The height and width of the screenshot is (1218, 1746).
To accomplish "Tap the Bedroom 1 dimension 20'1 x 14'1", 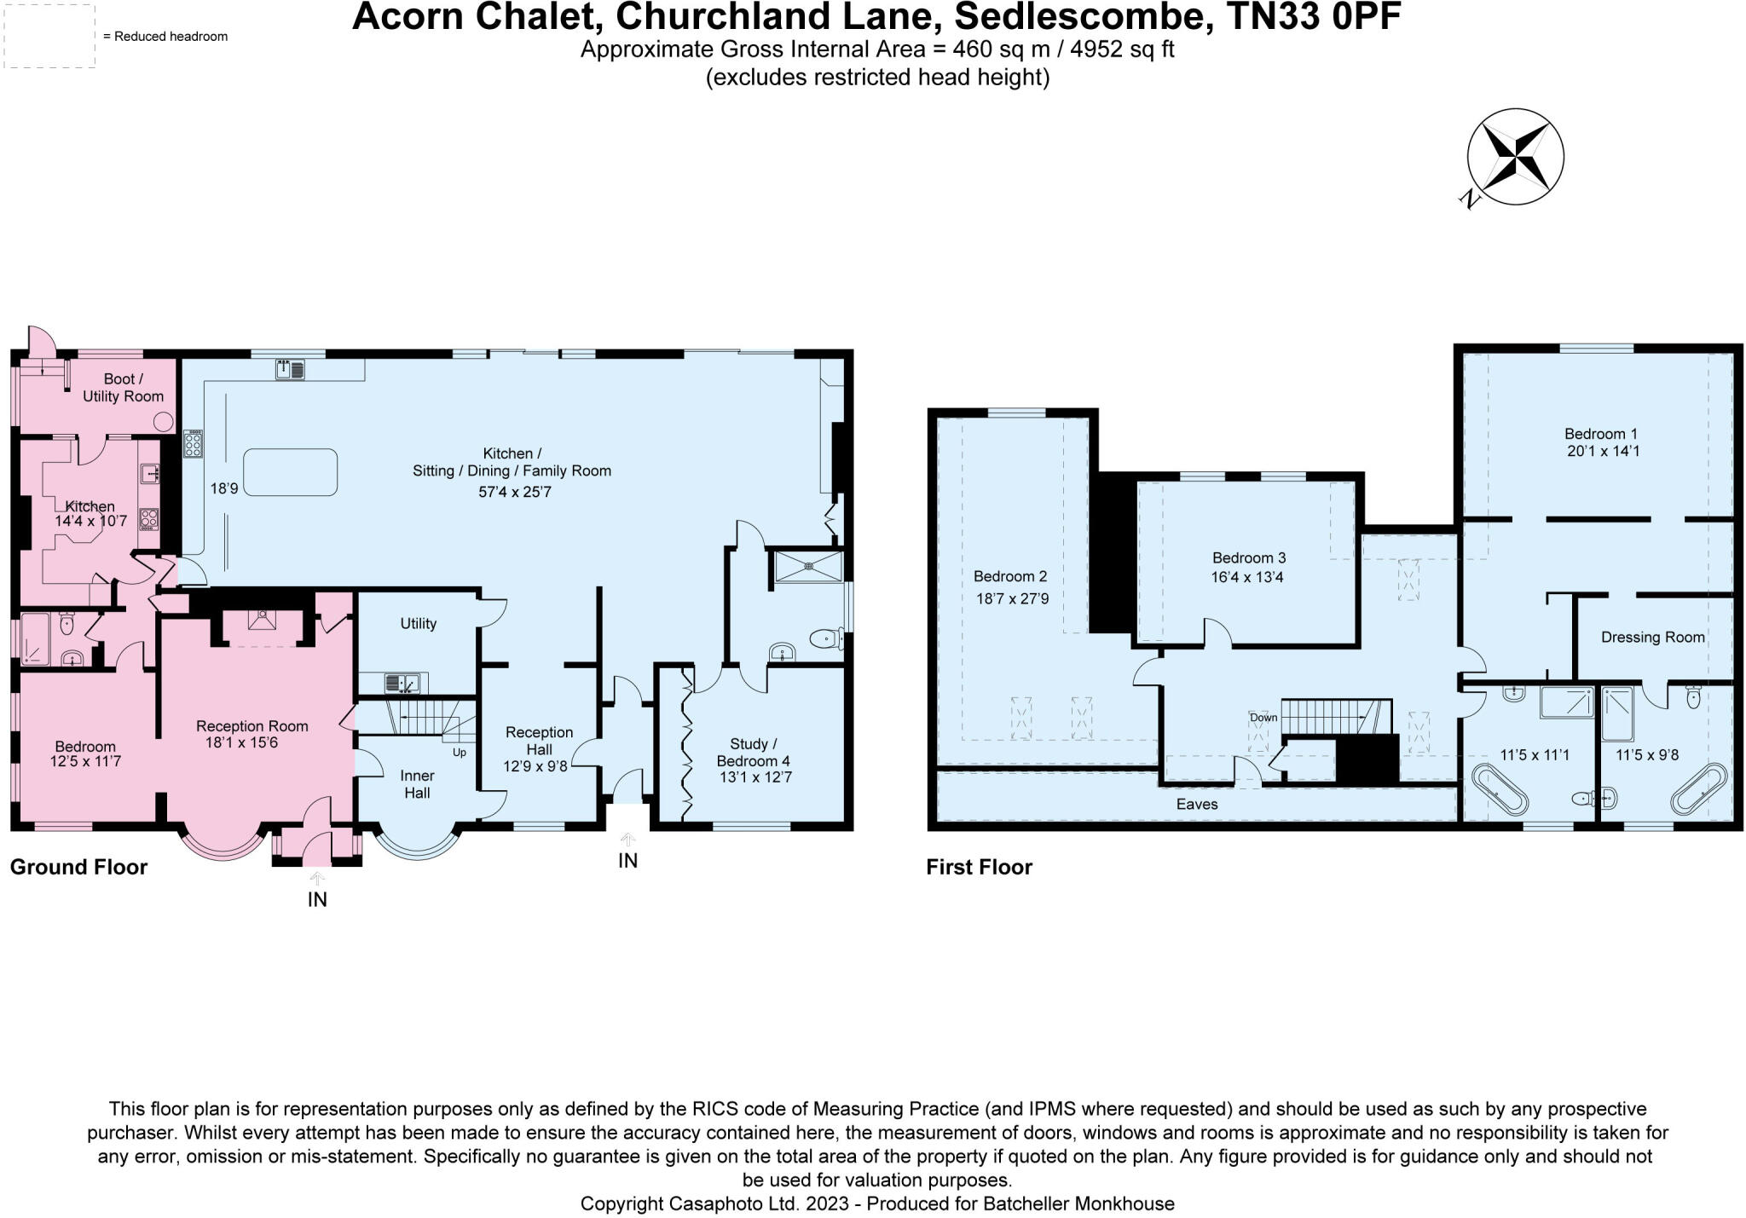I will [1603, 451].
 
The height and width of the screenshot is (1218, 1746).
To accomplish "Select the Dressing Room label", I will [1652, 637].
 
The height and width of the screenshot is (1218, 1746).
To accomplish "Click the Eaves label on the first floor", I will [1197, 804].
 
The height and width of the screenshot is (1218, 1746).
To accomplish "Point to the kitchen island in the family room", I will [291, 472].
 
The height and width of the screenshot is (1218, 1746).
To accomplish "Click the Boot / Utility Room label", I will [123, 387].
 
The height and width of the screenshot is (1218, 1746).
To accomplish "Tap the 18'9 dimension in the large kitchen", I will [224, 488].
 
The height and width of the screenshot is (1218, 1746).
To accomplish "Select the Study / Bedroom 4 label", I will [754, 753].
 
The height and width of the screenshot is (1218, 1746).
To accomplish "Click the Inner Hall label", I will [417, 784].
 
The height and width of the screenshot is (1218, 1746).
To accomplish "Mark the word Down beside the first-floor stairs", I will [1263, 717].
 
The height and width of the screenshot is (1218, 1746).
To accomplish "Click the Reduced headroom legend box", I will [49, 36].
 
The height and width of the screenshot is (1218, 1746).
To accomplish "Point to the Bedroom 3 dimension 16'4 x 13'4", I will [1247, 577].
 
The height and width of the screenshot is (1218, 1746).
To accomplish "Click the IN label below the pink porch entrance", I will [317, 899].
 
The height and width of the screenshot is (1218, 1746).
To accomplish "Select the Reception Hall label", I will [539, 741].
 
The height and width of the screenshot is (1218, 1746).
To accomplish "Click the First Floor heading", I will [979, 867].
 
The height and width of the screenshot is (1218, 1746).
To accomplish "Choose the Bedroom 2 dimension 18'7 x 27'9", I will [1012, 598].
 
